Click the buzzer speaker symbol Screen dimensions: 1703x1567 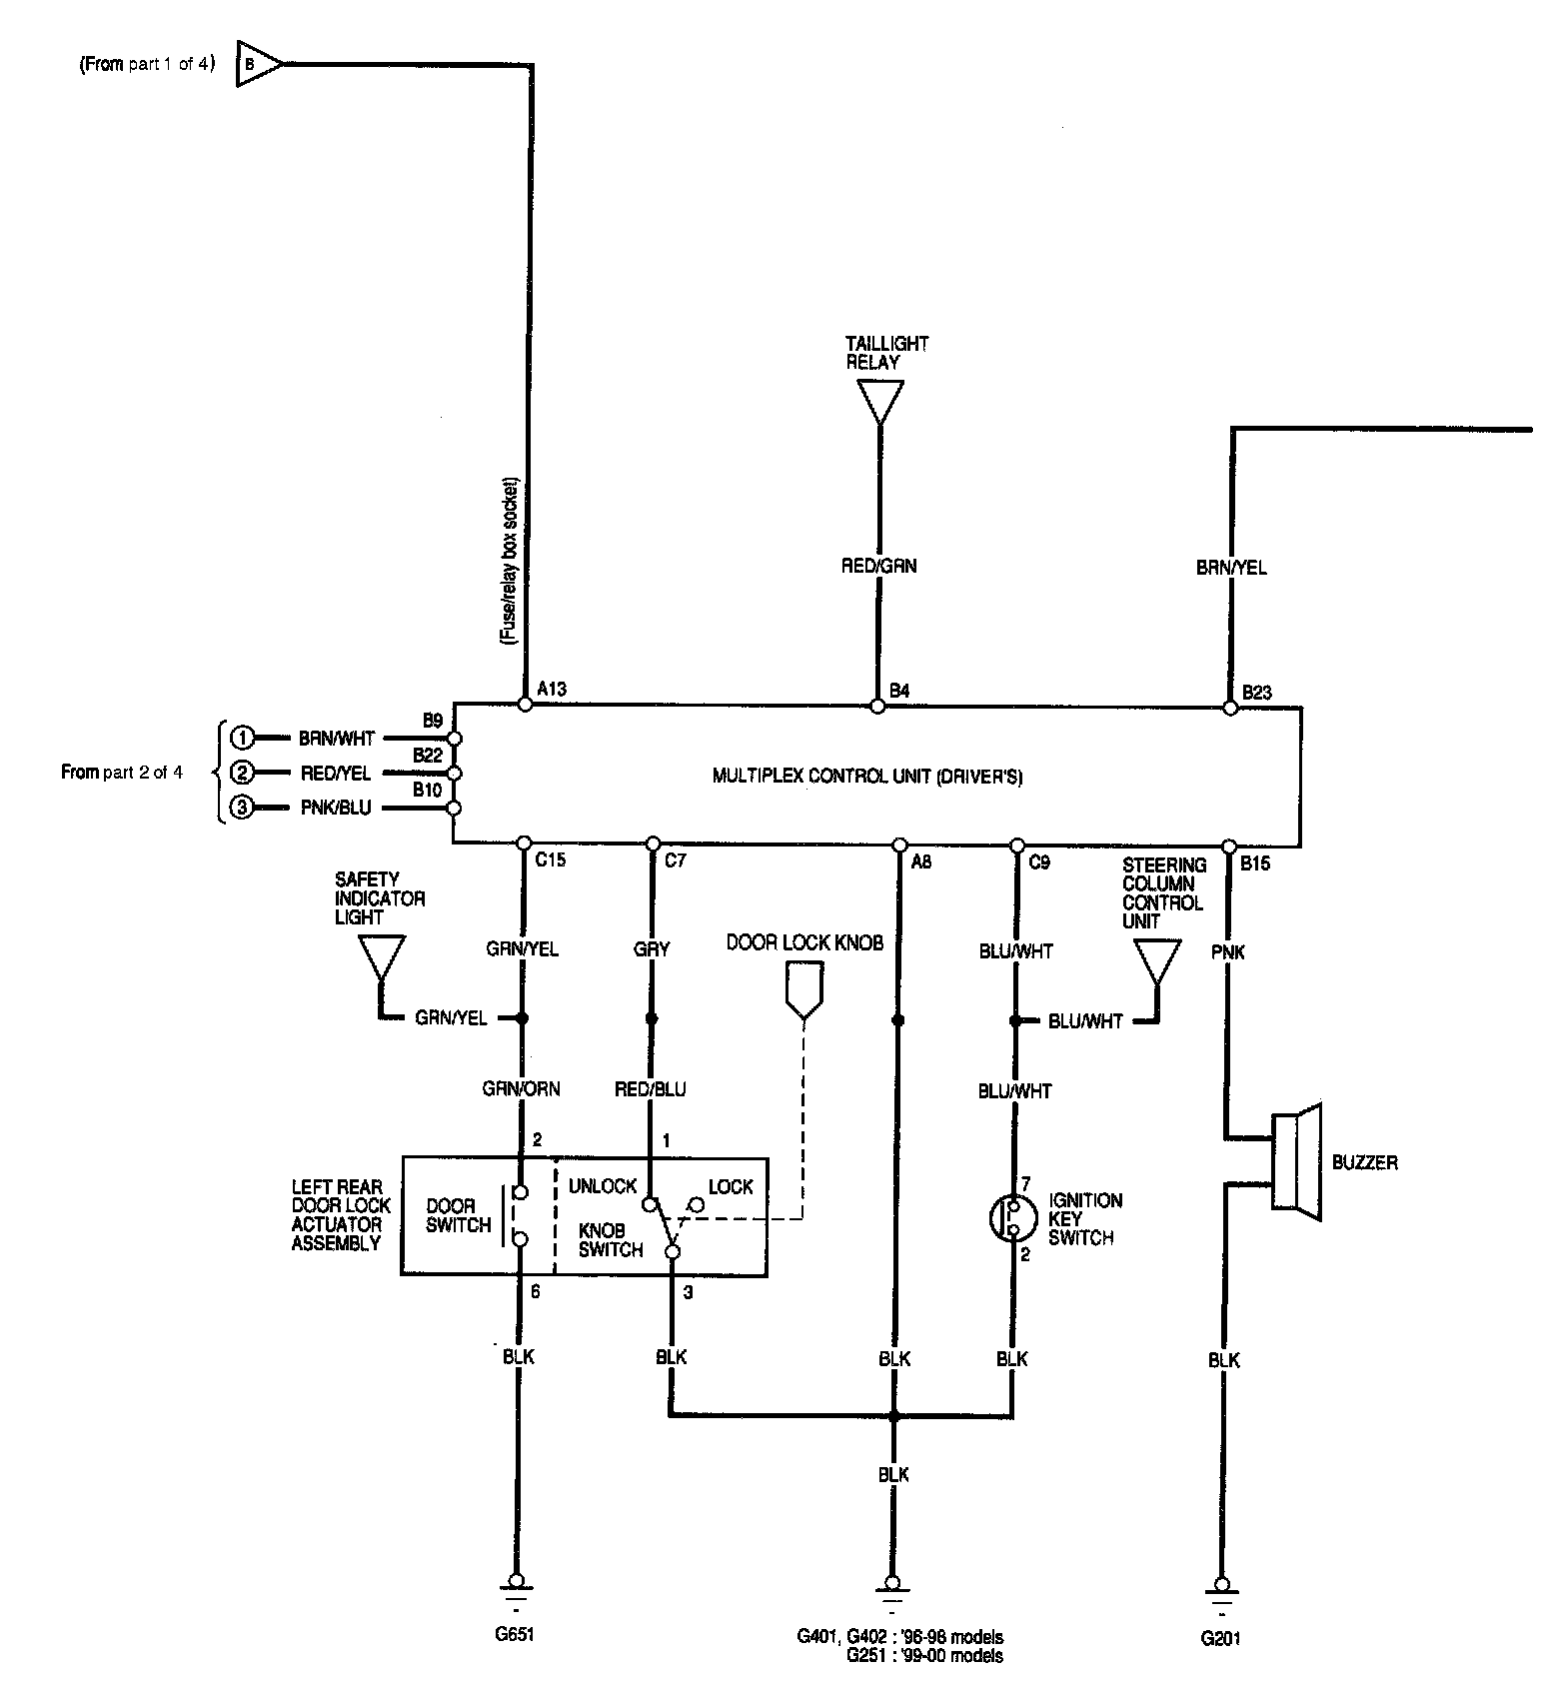[1297, 1162]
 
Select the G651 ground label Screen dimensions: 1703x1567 [516, 1636]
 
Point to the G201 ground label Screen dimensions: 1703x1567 [1222, 1638]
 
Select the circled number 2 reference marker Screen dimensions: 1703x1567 [241, 773]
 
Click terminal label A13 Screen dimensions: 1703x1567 [552, 689]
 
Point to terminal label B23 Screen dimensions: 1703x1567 [1257, 692]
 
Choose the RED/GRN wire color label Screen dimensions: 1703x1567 [878, 566]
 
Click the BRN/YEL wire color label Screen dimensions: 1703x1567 [1231, 568]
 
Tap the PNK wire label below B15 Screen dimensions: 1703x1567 [1228, 952]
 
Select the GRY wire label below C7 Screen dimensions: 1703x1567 [652, 948]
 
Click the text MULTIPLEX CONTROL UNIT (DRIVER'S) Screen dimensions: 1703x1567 [866, 776]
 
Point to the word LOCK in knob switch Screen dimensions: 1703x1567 [731, 1186]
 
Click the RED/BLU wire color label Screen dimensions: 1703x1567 [651, 1088]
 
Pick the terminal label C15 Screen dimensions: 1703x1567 [551, 859]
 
